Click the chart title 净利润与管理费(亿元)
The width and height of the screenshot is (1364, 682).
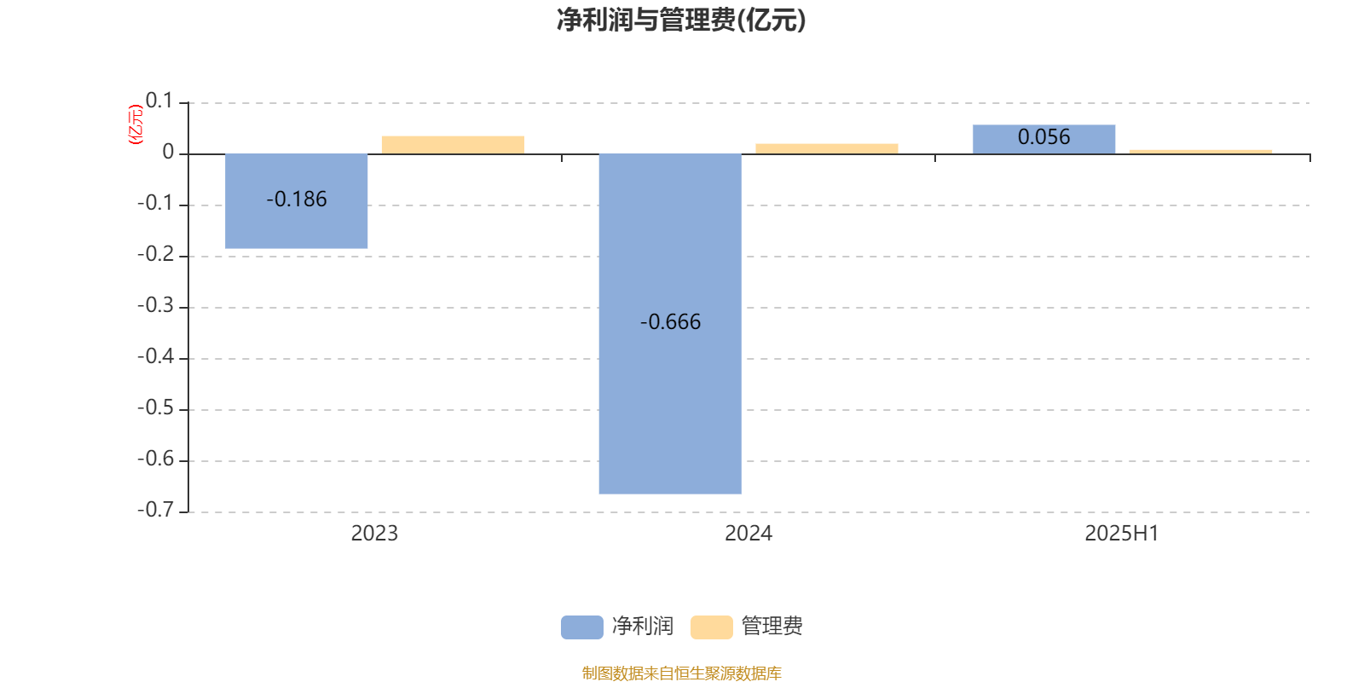tap(681, 20)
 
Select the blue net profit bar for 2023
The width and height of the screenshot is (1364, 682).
tap(297, 201)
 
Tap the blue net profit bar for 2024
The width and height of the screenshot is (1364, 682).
tap(670, 323)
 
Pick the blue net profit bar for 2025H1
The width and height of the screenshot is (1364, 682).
tap(1043, 140)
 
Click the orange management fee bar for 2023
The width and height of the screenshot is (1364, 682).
tap(453, 145)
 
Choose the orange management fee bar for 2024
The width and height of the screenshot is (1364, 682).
tap(827, 148)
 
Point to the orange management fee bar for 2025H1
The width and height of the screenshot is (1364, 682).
tap(1201, 152)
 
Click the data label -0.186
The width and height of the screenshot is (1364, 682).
tap(297, 199)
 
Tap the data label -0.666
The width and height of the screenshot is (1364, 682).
tap(670, 321)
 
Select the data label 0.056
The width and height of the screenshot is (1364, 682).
tap(1043, 137)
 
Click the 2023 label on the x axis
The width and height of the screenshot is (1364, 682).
tap(374, 534)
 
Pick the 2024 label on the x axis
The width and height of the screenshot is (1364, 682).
tap(748, 534)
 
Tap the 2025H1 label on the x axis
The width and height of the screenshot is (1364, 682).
tap(1122, 534)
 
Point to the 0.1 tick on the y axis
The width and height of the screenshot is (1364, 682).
tap(159, 101)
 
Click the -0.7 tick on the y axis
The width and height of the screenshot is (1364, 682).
tap(155, 510)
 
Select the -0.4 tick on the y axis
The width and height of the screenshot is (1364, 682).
tap(155, 356)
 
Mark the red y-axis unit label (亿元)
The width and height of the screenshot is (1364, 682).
tap(136, 124)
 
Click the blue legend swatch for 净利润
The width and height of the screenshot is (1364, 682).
tap(582, 627)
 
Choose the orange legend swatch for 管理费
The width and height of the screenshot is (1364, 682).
tap(712, 627)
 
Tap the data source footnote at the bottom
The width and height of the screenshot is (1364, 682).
tap(681, 673)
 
